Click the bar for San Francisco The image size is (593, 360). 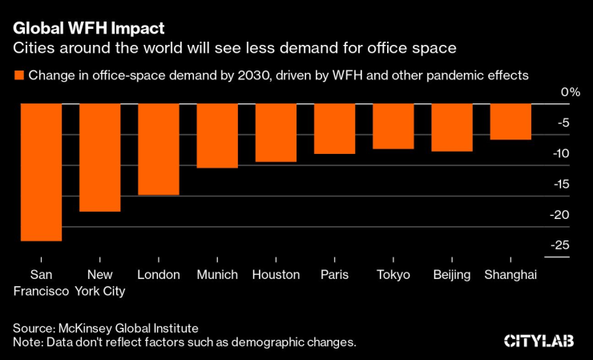pos(41,172)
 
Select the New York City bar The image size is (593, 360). pos(99,158)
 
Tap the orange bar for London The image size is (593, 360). pos(159,150)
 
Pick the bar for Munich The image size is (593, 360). pos(217,136)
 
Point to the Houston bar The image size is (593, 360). pos(276,133)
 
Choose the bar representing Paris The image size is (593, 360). pos(334,129)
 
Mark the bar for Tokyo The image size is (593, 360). pos(393,127)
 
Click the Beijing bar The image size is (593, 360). pos(452,128)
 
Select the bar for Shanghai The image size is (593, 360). pos(510,122)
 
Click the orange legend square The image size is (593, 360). pos(18,76)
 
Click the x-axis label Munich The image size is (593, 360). pos(217,275)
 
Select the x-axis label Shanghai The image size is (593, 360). pos(510,275)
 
